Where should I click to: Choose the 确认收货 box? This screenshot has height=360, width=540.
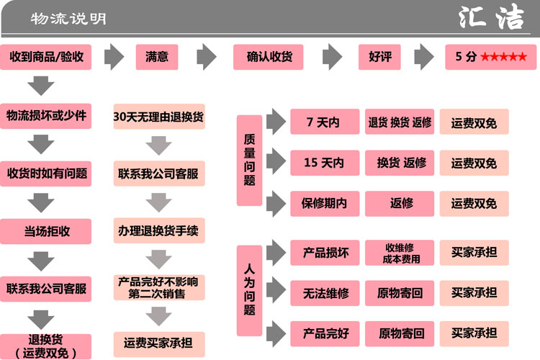click(x=268, y=57)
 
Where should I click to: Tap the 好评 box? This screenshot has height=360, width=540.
click(x=379, y=57)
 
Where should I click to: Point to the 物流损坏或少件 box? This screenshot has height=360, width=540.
click(x=46, y=115)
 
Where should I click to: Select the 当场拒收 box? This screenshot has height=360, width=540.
click(x=46, y=232)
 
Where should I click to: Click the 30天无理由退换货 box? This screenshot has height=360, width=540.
click(x=158, y=116)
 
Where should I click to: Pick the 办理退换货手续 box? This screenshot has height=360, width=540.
click(x=158, y=232)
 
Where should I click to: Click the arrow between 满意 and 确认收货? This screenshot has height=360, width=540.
click(x=207, y=57)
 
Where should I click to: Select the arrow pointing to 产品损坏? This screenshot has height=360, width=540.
click(x=276, y=252)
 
